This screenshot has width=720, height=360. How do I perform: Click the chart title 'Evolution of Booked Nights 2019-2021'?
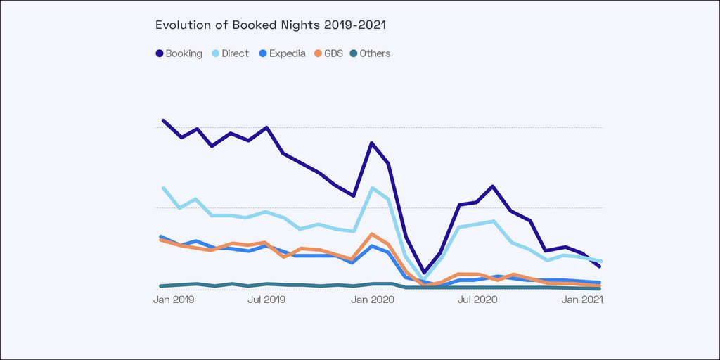271,25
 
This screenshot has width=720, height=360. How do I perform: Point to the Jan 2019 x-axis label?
174,300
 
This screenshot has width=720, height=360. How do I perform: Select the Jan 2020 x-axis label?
372,300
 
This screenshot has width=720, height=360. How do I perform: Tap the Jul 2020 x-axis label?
477,300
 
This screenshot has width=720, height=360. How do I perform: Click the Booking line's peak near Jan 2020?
371,143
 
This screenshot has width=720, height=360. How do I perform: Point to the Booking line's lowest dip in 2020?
424,272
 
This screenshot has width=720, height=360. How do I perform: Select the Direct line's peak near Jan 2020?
372,188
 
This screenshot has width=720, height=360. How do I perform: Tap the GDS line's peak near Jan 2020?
372,234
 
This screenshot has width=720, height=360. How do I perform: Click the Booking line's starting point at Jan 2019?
163,121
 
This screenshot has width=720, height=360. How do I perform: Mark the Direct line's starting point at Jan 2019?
163,188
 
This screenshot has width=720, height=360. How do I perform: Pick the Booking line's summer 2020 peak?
493,186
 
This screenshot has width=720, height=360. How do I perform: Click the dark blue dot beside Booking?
160,53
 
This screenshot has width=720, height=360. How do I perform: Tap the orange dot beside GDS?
319,53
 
